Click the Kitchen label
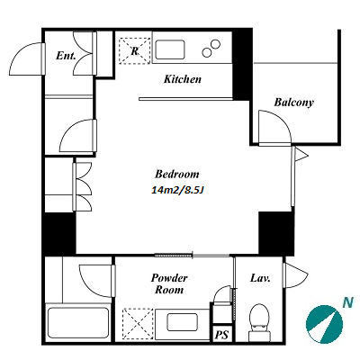pos(183,79)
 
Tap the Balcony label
pos(293,103)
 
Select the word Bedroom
pos(177,174)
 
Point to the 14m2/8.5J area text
pos(177,190)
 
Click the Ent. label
pos(66,56)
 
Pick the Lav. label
pos(260,278)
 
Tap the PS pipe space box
pos(222,334)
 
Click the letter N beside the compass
pos(348,303)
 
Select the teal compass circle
pos(324,324)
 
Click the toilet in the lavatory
pos(259,321)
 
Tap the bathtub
pos(77,322)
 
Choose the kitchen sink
pos(170,49)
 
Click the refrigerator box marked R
pos(135,50)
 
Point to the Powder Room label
pos(169,283)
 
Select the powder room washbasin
pos(182,322)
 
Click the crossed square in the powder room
pos(138,324)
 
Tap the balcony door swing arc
pos(281,120)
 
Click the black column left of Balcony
pos(242,65)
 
